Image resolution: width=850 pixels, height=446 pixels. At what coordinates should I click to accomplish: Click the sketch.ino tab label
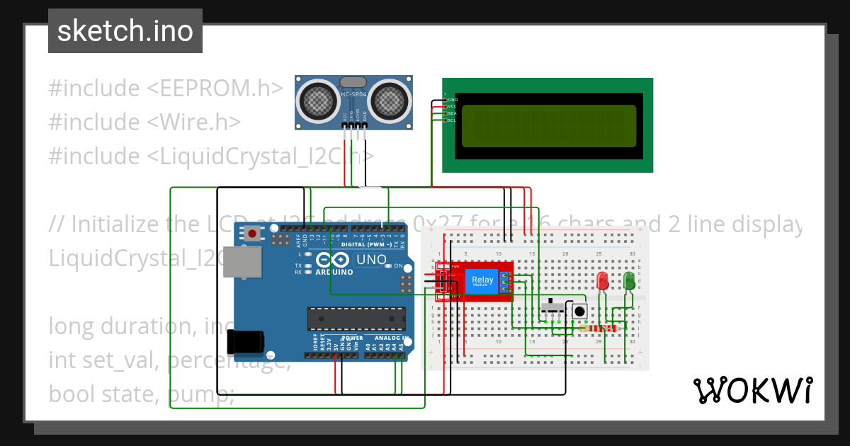click(x=125, y=31)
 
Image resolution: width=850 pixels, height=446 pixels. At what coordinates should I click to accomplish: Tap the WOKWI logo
click(x=752, y=390)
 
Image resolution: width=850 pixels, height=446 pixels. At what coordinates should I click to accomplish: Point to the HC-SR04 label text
click(x=353, y=94)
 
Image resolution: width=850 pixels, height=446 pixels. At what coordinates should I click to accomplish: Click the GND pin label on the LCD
click(x=451, y=100)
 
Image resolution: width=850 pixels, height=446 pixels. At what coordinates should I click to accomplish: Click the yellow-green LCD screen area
click(x=548, y=126)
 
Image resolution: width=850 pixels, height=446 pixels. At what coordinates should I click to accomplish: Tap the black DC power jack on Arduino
click(x=244, y=343)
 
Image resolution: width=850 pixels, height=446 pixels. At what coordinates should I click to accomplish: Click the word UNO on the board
click(x=370, y=260)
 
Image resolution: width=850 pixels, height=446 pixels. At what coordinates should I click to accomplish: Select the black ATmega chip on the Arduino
click(x=356, y=319)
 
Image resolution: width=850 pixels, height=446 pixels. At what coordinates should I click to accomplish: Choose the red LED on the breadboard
click(x=603, y=281)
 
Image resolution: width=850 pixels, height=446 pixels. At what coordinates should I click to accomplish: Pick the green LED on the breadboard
click(x=628, y=281)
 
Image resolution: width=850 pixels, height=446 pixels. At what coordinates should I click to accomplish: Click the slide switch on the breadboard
click(x=553, y=309)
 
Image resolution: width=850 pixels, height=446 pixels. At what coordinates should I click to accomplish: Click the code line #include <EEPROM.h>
click(x=166, y=88)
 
